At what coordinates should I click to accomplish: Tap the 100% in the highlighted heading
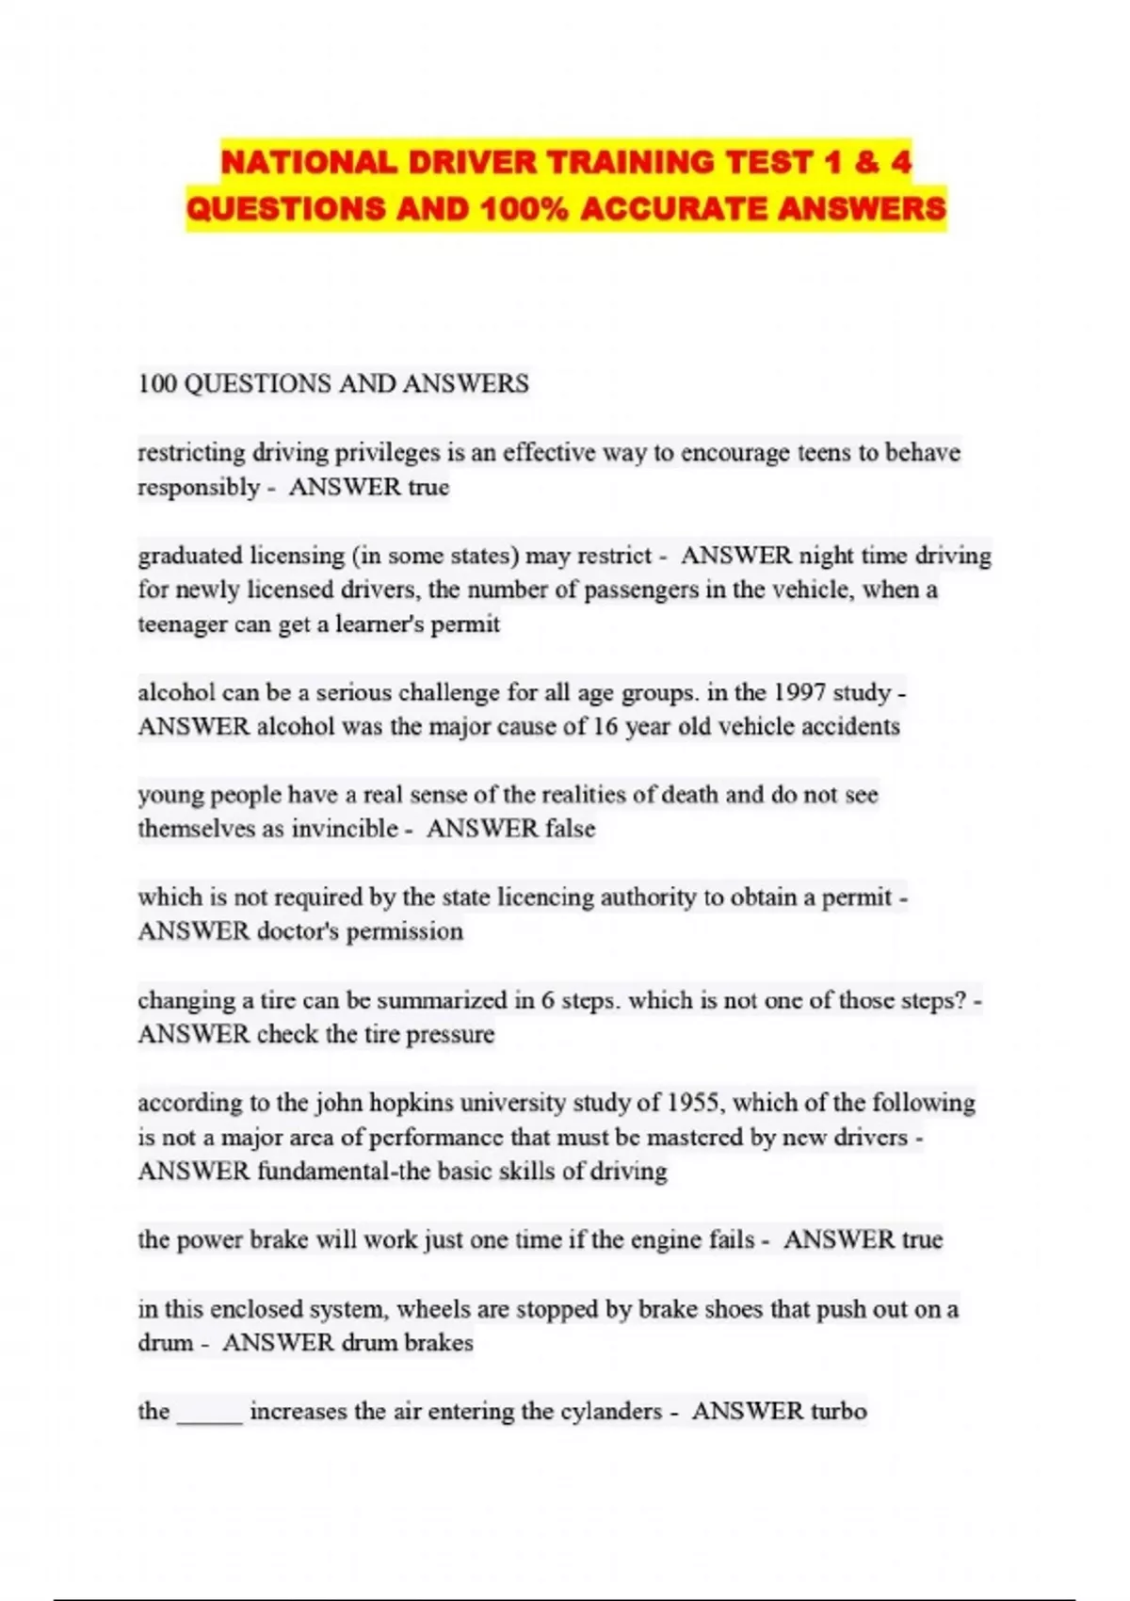click(524, 207)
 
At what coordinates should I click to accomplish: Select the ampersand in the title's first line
click(865, 163)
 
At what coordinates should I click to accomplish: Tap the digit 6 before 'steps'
click(548, 1000)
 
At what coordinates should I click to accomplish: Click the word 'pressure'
click(450, 1034)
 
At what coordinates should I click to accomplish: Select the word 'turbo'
click(838, 1411)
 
